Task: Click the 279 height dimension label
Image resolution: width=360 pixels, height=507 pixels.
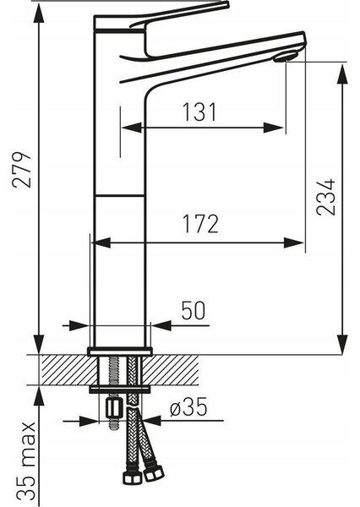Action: click(22, 169)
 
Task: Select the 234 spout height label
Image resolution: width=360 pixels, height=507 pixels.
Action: click(325, 197)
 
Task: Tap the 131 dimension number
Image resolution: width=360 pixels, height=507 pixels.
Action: click(199, 112)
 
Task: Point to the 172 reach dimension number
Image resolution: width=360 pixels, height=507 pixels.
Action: click(200, 223)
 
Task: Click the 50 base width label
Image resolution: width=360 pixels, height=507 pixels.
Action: click(194, 310)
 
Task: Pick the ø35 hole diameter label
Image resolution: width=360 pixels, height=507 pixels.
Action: click(188, 406)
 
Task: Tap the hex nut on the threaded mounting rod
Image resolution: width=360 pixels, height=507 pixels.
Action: click(113, 408)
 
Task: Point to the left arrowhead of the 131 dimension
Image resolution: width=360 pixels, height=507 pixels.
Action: click(133, 128)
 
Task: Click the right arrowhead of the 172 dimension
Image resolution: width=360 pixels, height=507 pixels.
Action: click(294, 243)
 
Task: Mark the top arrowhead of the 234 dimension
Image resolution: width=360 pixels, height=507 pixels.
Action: click(342, 74)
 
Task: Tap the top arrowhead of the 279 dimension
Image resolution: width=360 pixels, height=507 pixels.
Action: click(39, 14)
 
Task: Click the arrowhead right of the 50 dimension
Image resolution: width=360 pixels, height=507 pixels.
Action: click(161, 325)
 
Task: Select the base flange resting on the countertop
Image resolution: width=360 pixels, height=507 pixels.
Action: click(120, 351)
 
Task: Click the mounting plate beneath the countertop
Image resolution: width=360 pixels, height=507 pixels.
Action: click(120, 390)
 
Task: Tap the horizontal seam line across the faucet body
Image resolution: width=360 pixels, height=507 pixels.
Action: click(120, 196)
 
